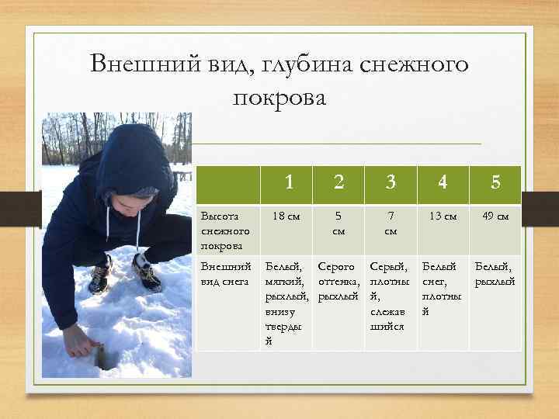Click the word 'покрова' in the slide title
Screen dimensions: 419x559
pos(279,99)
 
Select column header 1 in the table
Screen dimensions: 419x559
pos(289,183)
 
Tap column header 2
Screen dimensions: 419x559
pos(339,183)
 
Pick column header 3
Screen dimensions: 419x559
pos(391,183)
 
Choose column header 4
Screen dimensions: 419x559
pos(443,183)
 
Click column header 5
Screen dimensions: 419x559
pos(495,183)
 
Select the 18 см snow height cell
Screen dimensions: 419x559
pos(289,216)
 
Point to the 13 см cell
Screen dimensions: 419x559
pos(443,216)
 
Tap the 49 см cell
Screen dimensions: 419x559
pos(495,216)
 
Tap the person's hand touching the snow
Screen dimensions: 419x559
pos(78,340)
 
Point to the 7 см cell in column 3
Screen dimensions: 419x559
pos(391,223)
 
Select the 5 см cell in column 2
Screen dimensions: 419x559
pos(339,223)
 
